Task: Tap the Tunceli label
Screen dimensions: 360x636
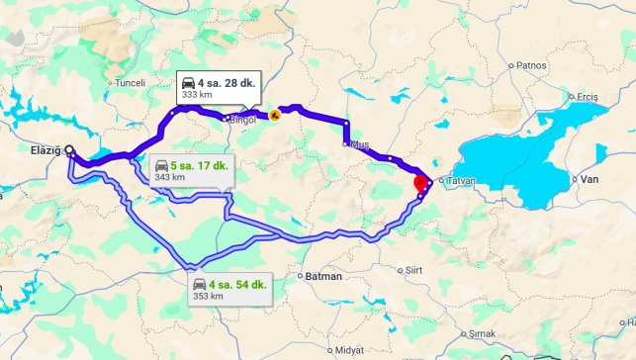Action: [131, 83]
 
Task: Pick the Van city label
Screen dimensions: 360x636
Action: [590, 179]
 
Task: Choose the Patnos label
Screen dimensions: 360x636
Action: [531, 65]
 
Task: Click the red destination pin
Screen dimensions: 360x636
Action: [419, 183]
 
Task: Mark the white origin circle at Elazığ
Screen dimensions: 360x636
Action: [69, 151]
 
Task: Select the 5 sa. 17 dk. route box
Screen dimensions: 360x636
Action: [191, 170]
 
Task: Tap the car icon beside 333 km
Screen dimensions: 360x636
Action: [188, 82]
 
